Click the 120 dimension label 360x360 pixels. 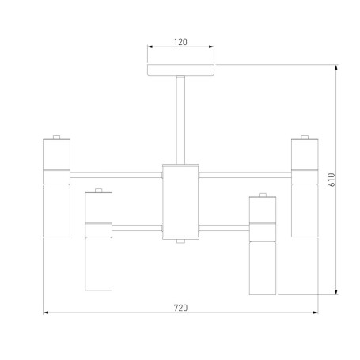180,42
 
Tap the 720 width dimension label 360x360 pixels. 180,308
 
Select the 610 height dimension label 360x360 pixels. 332,180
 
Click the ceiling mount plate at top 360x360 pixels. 180,70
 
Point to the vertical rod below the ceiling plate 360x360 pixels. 180,119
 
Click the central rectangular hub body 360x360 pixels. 180,202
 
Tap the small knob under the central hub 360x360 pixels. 180,241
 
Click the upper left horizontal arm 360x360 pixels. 116,175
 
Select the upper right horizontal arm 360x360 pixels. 245,175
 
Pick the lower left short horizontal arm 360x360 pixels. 137,229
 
